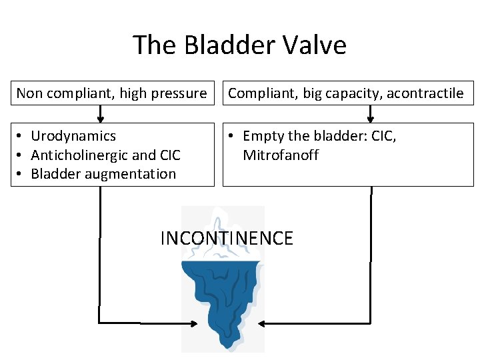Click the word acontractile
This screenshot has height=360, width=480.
click(x=424, y=93)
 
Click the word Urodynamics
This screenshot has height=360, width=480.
click(x=73, y=136)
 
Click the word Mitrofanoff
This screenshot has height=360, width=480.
click(x=281, y=155)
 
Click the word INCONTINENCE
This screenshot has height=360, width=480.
click(x=227, y=239)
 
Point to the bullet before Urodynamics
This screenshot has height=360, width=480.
click(x=22, y=136)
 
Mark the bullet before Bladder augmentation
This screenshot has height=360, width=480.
click(x=22, y=174)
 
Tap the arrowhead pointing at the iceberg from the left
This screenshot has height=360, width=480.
click(x=194, y=324)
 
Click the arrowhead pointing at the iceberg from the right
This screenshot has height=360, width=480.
click(x=261, y=324)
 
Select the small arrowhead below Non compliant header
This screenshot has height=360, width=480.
click(x=100, y=120)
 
